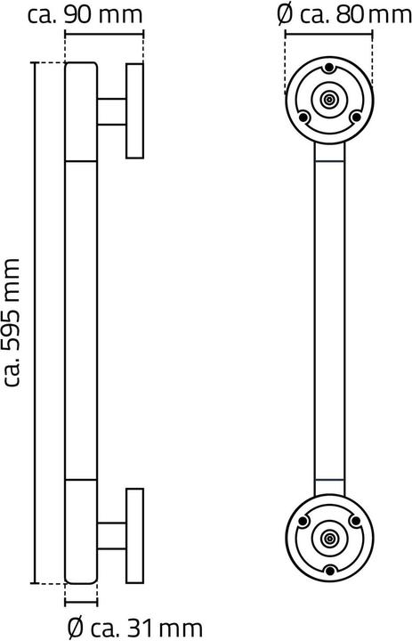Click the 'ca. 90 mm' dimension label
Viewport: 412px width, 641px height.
pyautogui.click(x=85, y=15)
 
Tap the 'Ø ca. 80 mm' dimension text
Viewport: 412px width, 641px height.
pyautogui.click(x=344, y=15)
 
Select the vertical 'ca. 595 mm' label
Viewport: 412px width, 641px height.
pyautogui.click(x=12, y=322)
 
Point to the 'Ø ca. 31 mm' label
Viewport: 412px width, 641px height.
pyautogui.click(x=134, y=627)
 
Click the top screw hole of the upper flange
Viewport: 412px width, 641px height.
pyautogui.click(x=329, y=68)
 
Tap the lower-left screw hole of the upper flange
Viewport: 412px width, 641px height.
pyautogui.click(x=303, y=118)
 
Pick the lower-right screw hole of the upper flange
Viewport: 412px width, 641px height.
pyautogui.click(x=357, y=118)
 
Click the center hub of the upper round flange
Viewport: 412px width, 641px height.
pyautogui.click(x=329, y=100)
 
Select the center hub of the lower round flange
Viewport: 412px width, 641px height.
pyautogui.click(x=329, y=539)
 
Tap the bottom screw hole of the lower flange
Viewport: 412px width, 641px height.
pyautogui.click(x=329, y=570)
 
